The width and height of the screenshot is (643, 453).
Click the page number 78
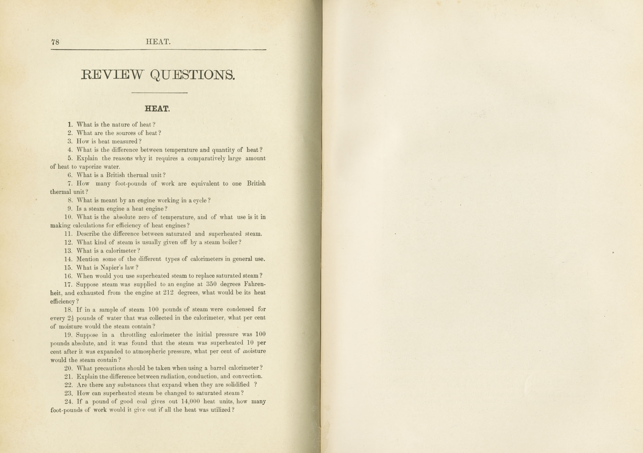[x=55, y=42]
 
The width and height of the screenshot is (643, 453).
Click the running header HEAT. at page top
[x=158, y=42]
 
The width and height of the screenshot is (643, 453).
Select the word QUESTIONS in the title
[x=193, y=75]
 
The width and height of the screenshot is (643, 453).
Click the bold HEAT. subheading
[x=157, y=109]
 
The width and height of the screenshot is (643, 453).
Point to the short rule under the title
[x=159, y=93]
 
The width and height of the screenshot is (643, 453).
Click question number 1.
[x=70, y=124]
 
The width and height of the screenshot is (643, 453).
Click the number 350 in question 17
[x=211, y=284]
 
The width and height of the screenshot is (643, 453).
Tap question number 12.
[x=68, y=242]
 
